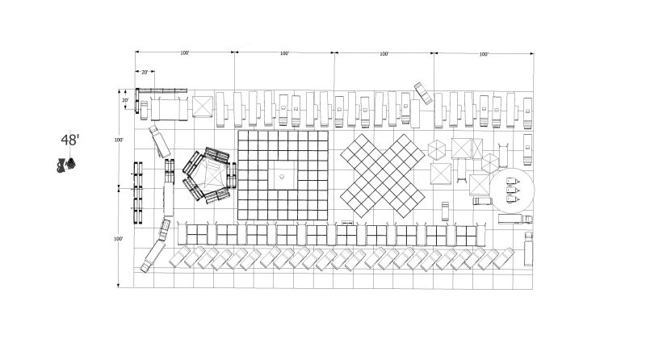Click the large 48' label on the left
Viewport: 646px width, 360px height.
tap(70, 140)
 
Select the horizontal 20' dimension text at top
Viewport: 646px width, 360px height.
tap(144, 73)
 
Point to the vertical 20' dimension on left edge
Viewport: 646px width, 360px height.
tap(125, 101)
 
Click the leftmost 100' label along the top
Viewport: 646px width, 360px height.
tap(185, 53)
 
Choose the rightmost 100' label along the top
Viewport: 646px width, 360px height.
tap(483, 54)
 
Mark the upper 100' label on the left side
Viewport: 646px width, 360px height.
tap(119, 140)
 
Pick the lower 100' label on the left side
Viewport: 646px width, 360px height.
tap(119, 239)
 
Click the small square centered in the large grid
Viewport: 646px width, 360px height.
tap(283, 174)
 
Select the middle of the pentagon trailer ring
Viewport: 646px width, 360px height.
tap(209, 174)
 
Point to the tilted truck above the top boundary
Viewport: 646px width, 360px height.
tap(423, 93)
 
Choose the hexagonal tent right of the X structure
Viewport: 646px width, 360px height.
tap(437, 151)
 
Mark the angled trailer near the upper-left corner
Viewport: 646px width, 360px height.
tap(159, 141)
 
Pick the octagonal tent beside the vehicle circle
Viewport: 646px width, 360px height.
tap(491, 162)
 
